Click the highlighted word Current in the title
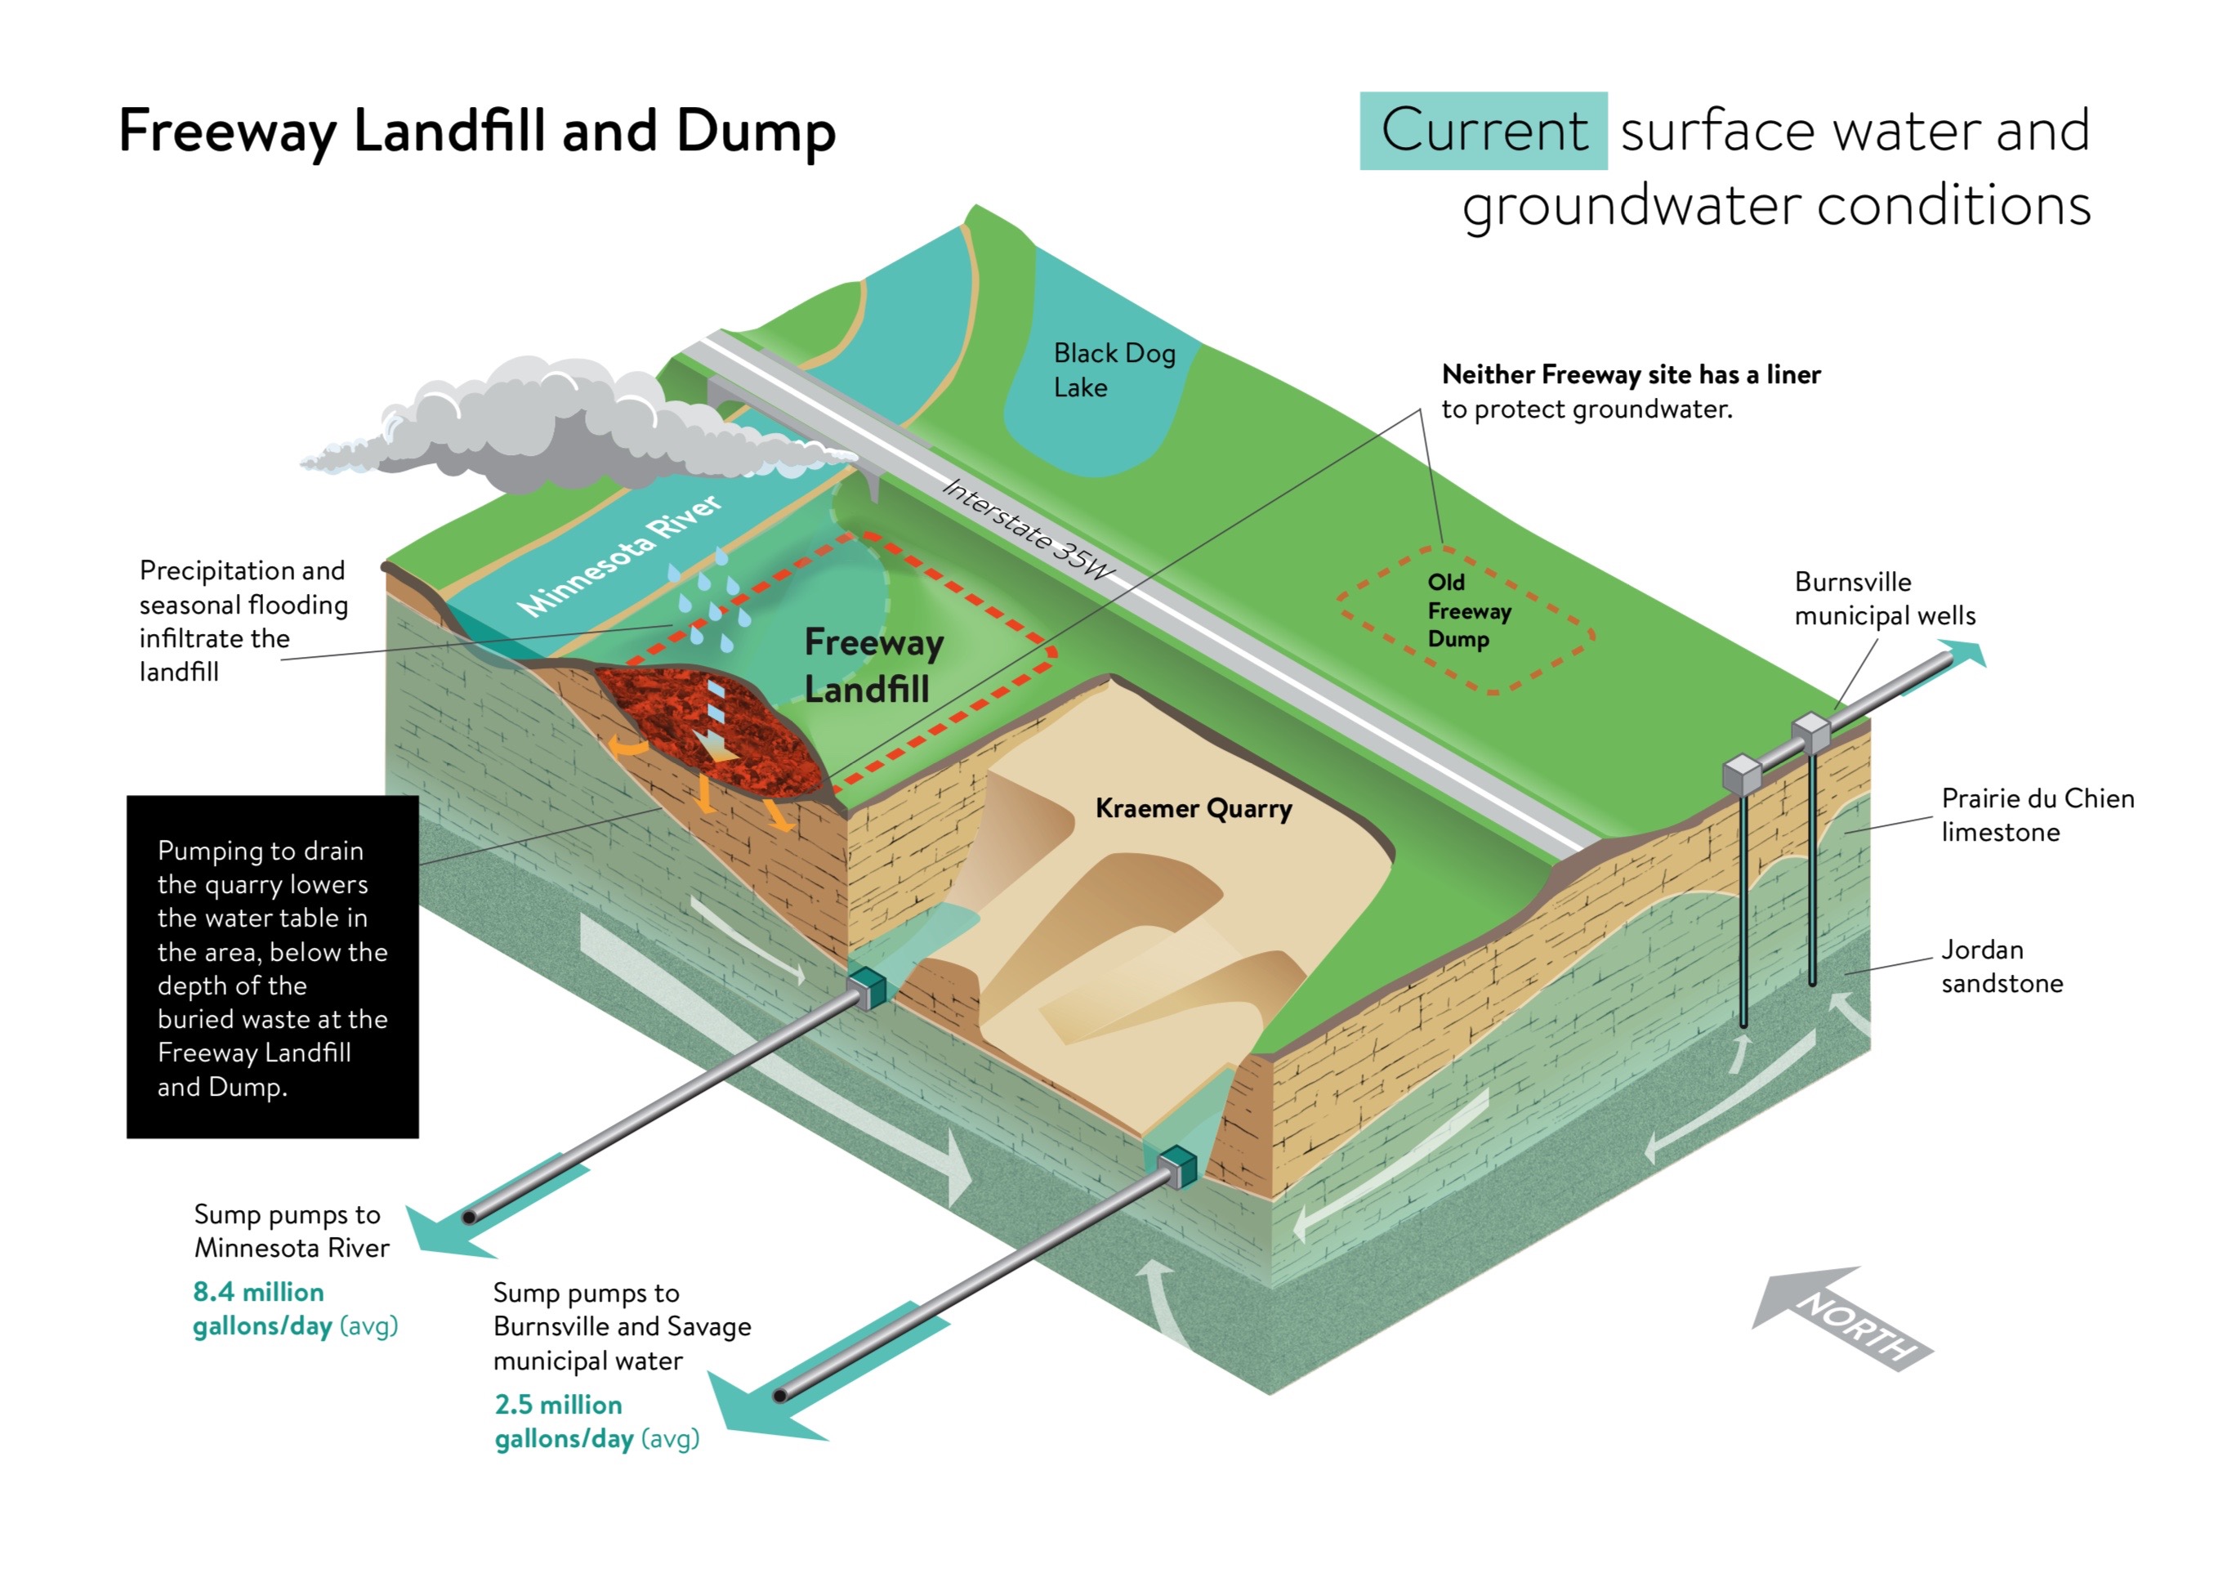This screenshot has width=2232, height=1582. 1482,131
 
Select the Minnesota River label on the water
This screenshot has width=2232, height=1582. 619,556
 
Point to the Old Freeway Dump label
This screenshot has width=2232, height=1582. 1467,610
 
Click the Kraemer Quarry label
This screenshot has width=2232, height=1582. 1193,808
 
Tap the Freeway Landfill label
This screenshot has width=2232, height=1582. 873,665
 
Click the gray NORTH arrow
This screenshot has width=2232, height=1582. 1841,1317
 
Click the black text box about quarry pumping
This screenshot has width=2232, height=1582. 272,967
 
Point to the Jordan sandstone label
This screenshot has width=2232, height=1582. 2002,965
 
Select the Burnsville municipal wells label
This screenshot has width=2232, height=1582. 1883,598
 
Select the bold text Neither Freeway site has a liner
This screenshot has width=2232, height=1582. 1630,374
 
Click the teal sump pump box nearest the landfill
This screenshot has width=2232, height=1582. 867,987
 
